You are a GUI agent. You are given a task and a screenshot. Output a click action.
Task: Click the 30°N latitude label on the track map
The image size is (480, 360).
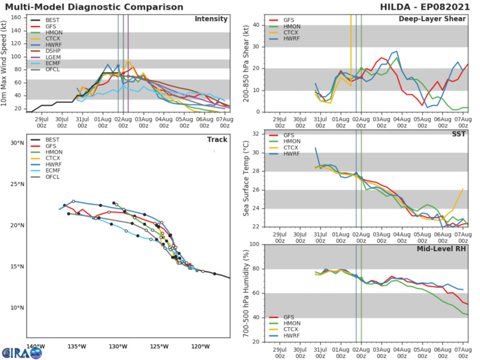(16, 143)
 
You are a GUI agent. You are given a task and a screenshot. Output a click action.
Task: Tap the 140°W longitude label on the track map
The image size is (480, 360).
(35, 346)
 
